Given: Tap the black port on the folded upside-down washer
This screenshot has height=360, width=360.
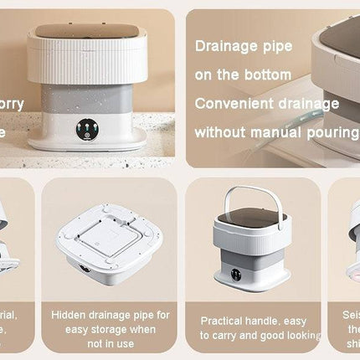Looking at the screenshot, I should [84, 270].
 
